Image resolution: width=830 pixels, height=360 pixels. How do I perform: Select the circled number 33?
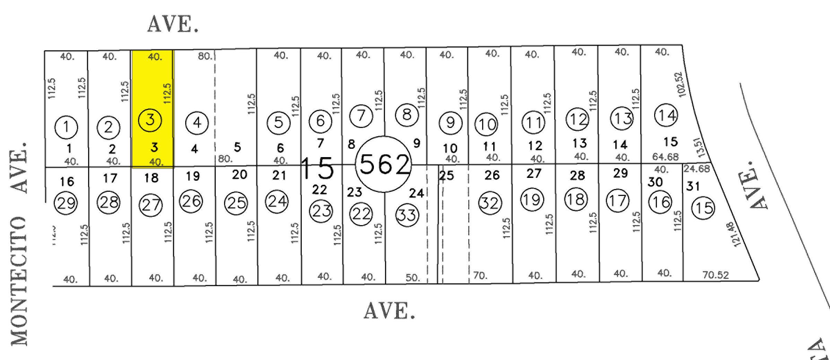[x=407, y=215]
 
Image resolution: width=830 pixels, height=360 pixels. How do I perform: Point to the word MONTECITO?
[x=19, y=281]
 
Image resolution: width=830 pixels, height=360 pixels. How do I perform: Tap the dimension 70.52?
[x=716, y=275]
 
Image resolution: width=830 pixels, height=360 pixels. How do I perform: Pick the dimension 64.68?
[x=665, y=157]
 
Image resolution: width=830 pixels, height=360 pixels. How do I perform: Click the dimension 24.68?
[x=696, y=169]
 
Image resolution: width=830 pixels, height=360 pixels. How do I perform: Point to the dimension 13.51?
[x=700, y=147]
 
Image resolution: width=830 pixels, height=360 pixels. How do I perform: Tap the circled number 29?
[x=66, y=203]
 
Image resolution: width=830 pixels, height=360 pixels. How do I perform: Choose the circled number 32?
[x=490, y=203]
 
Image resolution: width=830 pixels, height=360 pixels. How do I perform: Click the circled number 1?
[x=66, y=127]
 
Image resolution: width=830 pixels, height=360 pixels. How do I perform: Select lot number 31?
[x=693, y=186]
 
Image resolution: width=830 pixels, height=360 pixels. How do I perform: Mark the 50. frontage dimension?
[x=412, y=278]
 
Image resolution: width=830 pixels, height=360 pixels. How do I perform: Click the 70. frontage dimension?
[x=480, y=276]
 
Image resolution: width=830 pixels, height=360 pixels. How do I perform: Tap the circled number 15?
[x=703, y=208]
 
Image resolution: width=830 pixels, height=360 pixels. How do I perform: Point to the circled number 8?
[x=407, y=114]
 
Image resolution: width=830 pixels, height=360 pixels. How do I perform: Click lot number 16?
[x=67, y=181]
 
